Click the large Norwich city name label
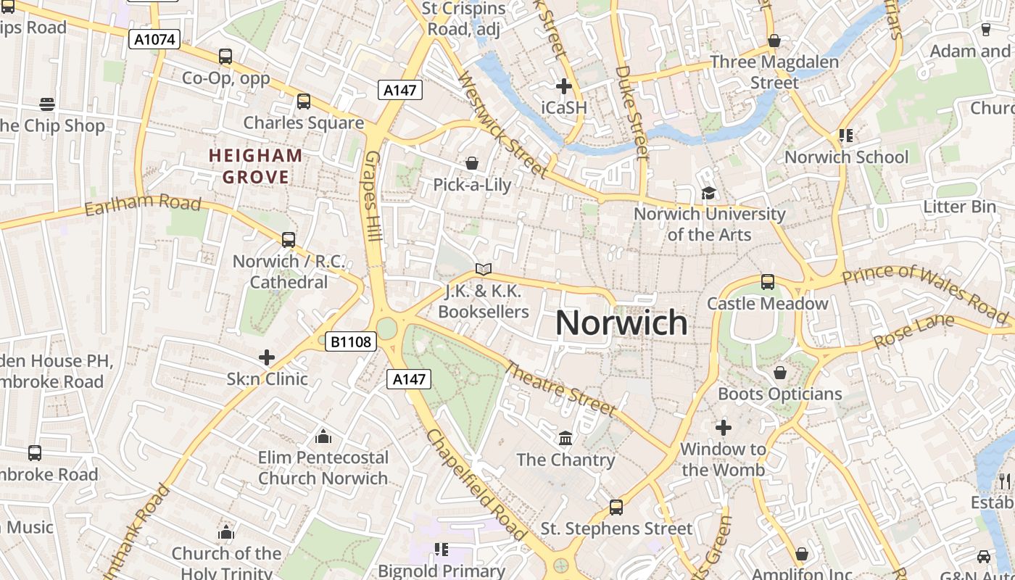click(621, 323)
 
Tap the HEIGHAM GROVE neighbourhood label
click(256, 166)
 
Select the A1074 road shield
click(154, 39)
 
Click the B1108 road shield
click(351, 341)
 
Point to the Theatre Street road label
click(560, 389)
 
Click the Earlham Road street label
click(143, 205)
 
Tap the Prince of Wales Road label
click(925, 292)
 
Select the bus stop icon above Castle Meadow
click(767, 282)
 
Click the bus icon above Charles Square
click(304, 101)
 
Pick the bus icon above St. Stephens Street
click(616, 507)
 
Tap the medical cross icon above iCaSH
click(563, 86)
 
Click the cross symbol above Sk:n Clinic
click(267, 357)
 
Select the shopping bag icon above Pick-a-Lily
click(472, 163)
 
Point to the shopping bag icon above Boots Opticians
click(780, 373)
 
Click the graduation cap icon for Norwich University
click(708, 193)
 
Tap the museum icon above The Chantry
click(565, 438)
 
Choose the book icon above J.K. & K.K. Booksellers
click(484, 269)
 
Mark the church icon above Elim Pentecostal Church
click(323, 436)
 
